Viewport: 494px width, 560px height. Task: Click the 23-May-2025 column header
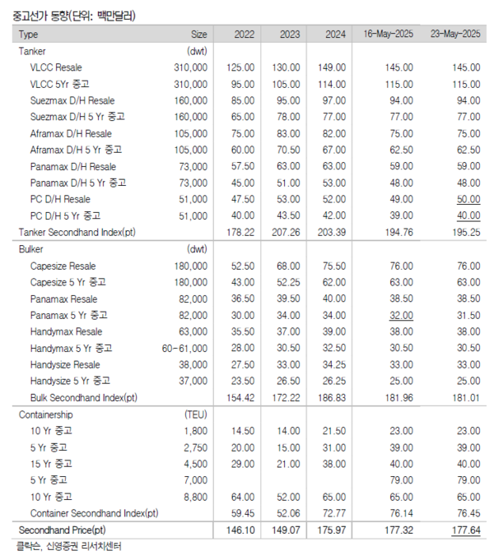[454, 35]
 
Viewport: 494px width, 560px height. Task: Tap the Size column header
[199, 35]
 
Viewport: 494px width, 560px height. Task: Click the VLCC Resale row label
[56, 67]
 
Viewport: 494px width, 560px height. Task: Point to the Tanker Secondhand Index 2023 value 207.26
[285, 232]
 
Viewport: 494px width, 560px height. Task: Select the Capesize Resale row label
[63, 266]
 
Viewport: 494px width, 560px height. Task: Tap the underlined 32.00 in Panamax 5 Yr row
[399, 315]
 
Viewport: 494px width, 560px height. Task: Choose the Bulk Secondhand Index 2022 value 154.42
[239, 398]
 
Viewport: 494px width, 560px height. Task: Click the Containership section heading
[46, 414]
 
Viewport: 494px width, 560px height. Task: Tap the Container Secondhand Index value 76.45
[465, 513]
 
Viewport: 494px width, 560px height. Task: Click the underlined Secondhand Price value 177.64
[464, 530]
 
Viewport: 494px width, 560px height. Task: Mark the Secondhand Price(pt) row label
[57, 530]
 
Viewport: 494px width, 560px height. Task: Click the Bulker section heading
[32, 248]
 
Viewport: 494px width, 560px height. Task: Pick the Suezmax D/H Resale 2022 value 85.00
[239, 100]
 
